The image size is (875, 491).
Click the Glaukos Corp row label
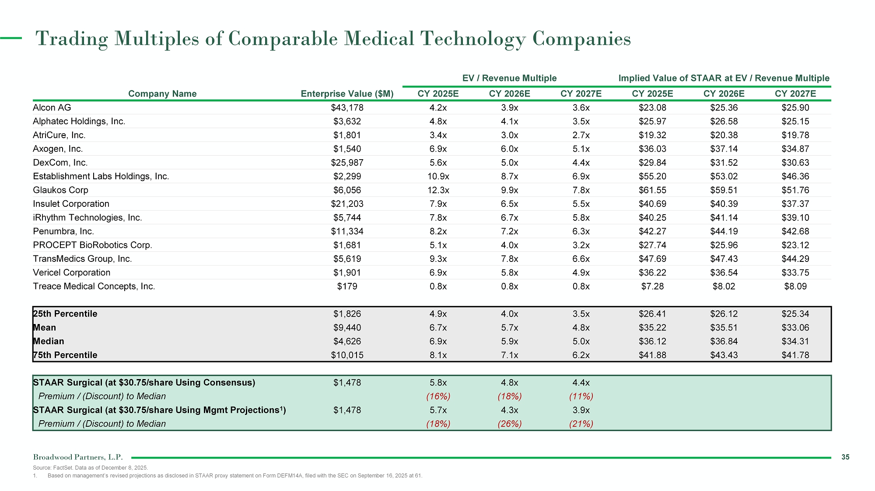(x=60, y=190)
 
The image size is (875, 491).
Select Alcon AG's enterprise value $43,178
(x=347, y=108)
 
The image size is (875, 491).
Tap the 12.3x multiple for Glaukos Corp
(x=438, y=190)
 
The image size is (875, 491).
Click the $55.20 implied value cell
(x=652, y=176)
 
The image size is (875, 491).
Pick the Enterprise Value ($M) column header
(x=347, y=94)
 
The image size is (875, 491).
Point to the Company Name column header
(x=162, y=94)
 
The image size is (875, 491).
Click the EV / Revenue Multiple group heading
(x=509, y=78)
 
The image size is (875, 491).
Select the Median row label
(x=49, y=341)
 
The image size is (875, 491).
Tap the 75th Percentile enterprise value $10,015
(x=347, y=355)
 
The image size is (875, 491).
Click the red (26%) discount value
(x=510, y=424)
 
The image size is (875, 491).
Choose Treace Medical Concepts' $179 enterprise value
(x=347, y=286)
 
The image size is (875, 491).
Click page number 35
(x=845, y=457)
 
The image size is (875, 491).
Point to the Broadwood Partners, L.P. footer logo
(x=78, y=457)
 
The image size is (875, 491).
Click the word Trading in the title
(x=72, y=39)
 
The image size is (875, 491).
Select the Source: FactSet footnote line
(x=91, y=468)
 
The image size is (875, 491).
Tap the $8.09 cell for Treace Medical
(x=795, y=286)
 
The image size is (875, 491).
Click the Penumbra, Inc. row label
(x=63, y=231)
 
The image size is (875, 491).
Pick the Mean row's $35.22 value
(x=652, y=327)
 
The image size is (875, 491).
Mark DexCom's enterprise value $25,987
(x=347, y=163)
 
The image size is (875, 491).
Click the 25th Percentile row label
(x=65, y=314)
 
